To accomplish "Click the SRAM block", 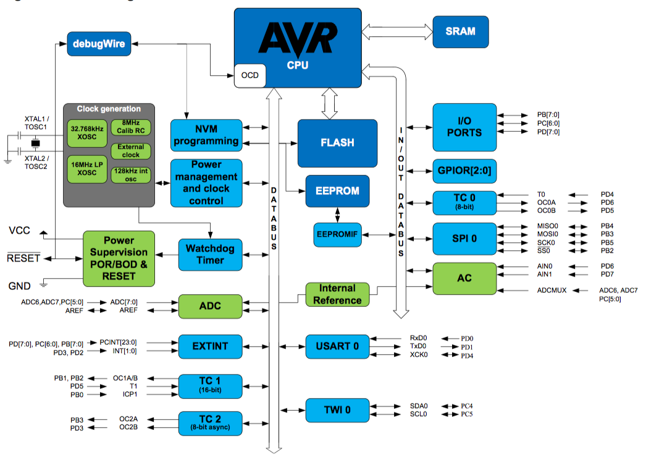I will pyautogui.click(x=460, y=32).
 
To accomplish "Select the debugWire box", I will pyautogui.click(x=99, y=44).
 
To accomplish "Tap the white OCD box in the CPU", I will pyautogui.click(x=250, y=75).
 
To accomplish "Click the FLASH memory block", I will pyautogui.click(x=337, y=143).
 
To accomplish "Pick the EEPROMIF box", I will pyautogui.click(x=337, y=235).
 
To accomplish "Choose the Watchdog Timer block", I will pyautogui.click(x=210, y=254).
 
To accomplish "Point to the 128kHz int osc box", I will pyautogui.click(x=131, y=174).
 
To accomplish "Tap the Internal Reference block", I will pyautogui.click(x=337, y=294).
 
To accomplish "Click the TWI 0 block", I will pyautogui.click(x=337, y=410).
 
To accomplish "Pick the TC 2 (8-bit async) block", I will pyautogui.click(x=210, y=423).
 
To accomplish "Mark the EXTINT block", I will pyautogui.click(x=210, y=346).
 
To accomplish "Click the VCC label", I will pyautogui.click(x=19, y=231).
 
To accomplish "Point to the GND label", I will pyautogui.click(x=20, y=286).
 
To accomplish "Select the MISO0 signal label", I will pyautogui.click(x=548, y=226).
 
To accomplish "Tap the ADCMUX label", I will pyautogui.click(x=552, y=290).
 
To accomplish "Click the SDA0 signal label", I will pyautogui.click(x=419, y=406).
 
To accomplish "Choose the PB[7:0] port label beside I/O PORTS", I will pyautogui.click(x=548, y=115).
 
